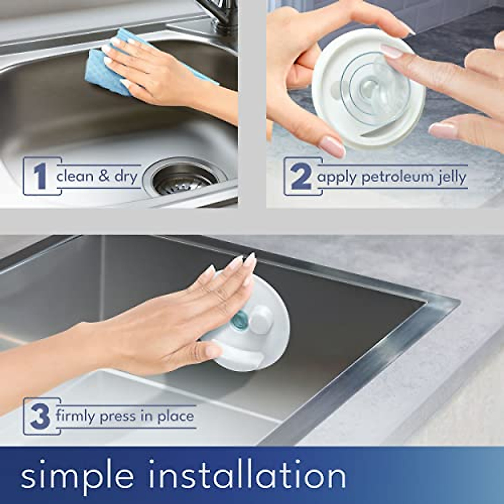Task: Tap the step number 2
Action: pos(301,177)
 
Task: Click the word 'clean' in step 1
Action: pos(75,176)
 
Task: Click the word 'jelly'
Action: pos(452,177)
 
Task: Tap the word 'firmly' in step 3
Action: pos(75,417)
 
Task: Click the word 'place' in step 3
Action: pos(176,417)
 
